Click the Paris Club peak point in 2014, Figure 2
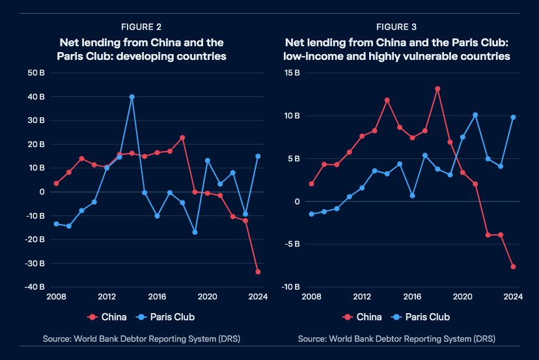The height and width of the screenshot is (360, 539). (x=131, y=97)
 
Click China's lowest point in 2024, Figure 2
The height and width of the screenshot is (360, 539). (x=258, y=271)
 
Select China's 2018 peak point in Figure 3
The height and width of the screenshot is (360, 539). (x=437, y=89)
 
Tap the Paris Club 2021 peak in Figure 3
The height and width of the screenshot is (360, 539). (x=475, y=115)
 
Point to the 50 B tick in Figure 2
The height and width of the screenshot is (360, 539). (x=36, y=73)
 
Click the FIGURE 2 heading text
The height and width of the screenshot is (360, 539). (x=141, y=27)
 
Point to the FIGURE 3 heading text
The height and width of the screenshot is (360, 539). (x=396, y=27)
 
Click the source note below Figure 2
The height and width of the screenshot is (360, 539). (x=141, y=339)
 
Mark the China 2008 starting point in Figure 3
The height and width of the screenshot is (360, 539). (x=312, y=184)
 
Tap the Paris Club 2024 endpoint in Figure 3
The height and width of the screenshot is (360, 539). (x=513, y=117)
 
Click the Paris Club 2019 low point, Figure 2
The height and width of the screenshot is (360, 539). (x=195, y=232)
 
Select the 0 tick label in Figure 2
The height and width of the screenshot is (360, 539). (x=42, y=192)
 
